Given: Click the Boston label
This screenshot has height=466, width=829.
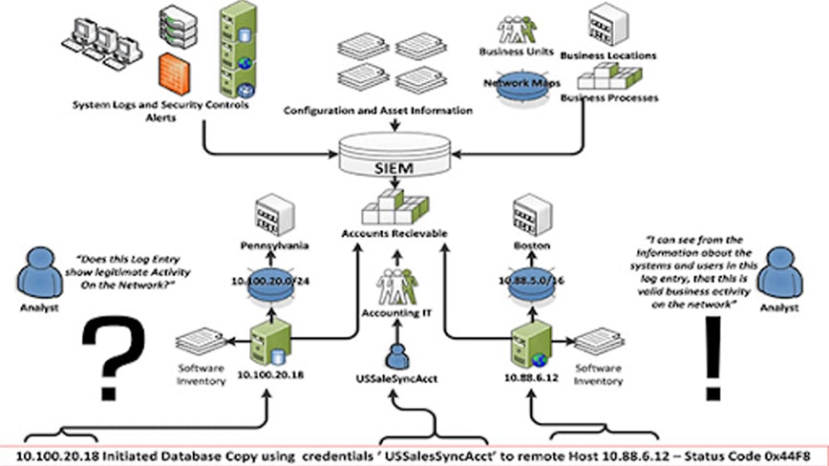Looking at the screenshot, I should pos(532,244).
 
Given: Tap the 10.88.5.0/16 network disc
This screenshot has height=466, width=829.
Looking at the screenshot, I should pos(532,287).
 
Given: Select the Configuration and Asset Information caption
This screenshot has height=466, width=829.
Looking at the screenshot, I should pos(378,111).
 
